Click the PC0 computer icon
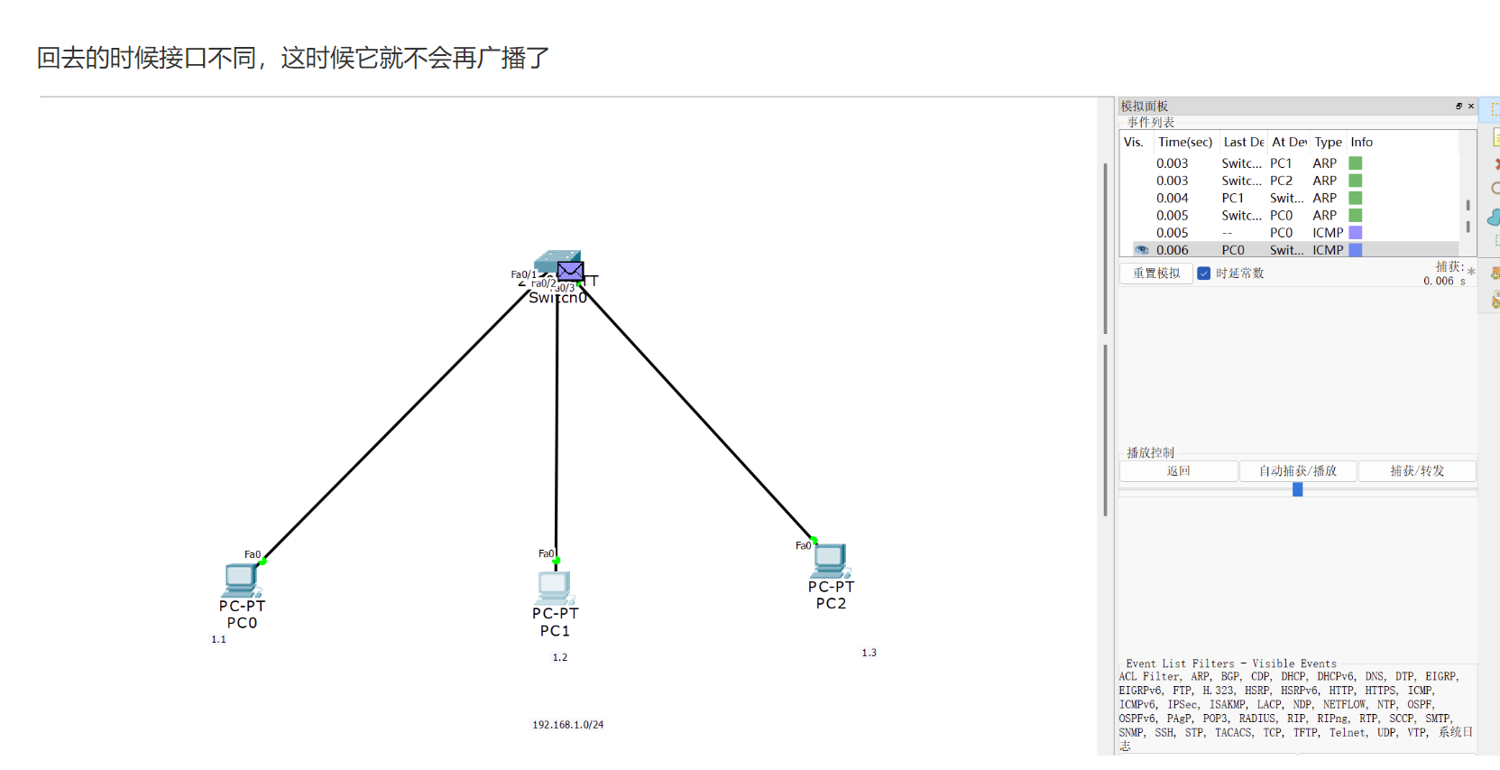tap(242, 580)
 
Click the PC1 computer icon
tap(554, 588)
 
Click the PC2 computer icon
tap(830, 561)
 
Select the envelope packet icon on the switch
tap(570, 271)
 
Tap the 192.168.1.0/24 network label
tap(567, 725)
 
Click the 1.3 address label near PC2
tap(869, 653)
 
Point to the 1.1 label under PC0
tap(218, 639)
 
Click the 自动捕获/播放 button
tap(1297, 471)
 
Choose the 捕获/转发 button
tap(1416, 471)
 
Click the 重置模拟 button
tap(1155, 274)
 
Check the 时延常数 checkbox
tap(1203, 274)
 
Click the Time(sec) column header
tap(1184, 143)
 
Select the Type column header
tap(1328, 143)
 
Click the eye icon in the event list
tap(1142, 250)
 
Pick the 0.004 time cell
tap(1172, 199)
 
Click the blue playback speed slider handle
tap(1297, 489)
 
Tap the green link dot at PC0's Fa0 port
tap(263, 561)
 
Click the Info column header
tap(1361, 143)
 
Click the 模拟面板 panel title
tap(1144, 107)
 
